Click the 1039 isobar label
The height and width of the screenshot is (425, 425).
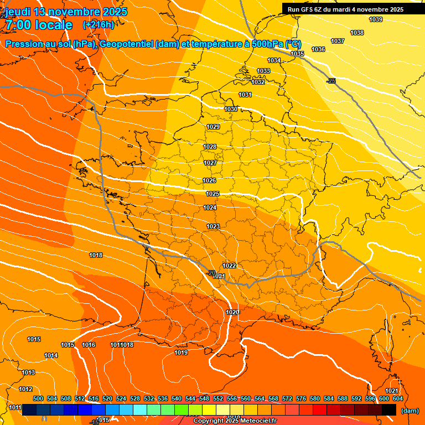[x=375, y=20]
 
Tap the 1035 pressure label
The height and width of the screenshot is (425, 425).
[x=297, y=54]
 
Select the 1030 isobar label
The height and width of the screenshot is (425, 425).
[x=231, y=109]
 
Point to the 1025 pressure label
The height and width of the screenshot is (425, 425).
[x=212, y=194]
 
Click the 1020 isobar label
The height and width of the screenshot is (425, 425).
[x=232, y=313]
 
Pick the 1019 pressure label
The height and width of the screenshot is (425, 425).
[x=181, y=353]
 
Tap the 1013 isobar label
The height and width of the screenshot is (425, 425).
[x=28, y=372]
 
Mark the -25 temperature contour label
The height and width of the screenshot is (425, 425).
[x=331, y=81]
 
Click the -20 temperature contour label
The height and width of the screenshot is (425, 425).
[x=211, y=273]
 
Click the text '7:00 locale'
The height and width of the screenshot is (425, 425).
[x=39, y=25]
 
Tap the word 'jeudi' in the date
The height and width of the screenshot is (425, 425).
[x=18, y=12]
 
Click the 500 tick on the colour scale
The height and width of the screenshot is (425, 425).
[x=38, y=398]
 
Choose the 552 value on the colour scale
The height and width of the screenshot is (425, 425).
[x=218, y=398]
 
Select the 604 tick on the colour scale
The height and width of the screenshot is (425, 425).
[x=397, y=398]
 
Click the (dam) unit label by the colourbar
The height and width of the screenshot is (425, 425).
[x=410, y=411]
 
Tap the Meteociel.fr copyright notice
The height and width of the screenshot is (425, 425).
[x=235, y=421]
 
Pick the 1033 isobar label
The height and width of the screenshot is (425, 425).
[x=263, y=71]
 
